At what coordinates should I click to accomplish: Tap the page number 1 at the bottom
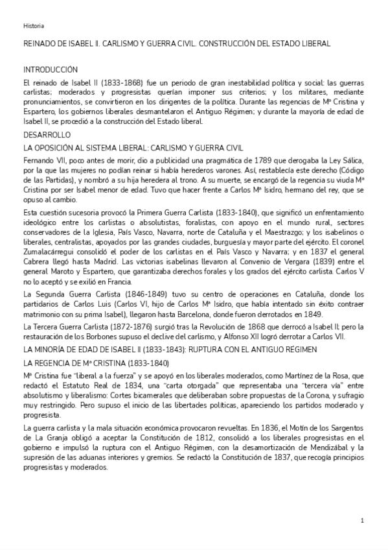pyautogui.click(x=362, y=520)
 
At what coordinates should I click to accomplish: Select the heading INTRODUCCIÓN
pyautogui.click(x=51, y=69)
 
